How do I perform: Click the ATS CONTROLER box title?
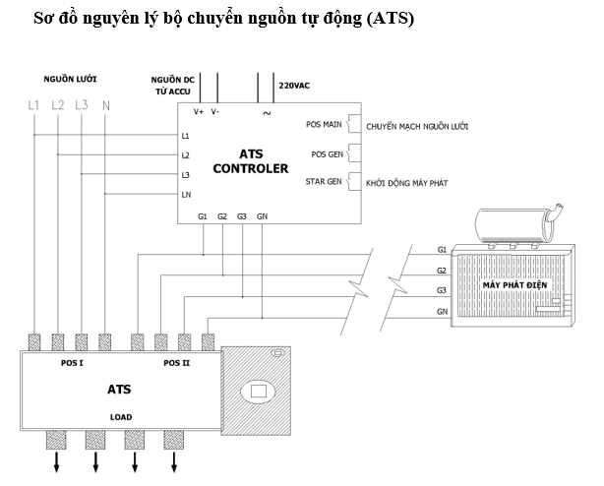251,161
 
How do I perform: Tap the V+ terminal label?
199,112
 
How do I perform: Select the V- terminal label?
215,112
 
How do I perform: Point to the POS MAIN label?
324,124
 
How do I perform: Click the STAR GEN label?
324,181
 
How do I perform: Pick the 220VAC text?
294,86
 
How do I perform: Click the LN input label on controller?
187,195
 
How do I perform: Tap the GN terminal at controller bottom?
262,216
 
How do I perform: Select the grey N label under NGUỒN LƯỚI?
106,105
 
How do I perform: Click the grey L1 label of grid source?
33,104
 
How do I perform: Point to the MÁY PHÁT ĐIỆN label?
515,285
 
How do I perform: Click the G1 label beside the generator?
442,250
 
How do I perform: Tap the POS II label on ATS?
177,363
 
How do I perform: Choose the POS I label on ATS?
72,363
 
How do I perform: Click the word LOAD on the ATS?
121,417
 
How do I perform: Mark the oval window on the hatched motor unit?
258,392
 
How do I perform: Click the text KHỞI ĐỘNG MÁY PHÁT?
407,183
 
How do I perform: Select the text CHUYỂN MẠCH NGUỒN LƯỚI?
417,127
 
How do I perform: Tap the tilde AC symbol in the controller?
267,113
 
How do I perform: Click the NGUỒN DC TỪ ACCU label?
173,86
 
